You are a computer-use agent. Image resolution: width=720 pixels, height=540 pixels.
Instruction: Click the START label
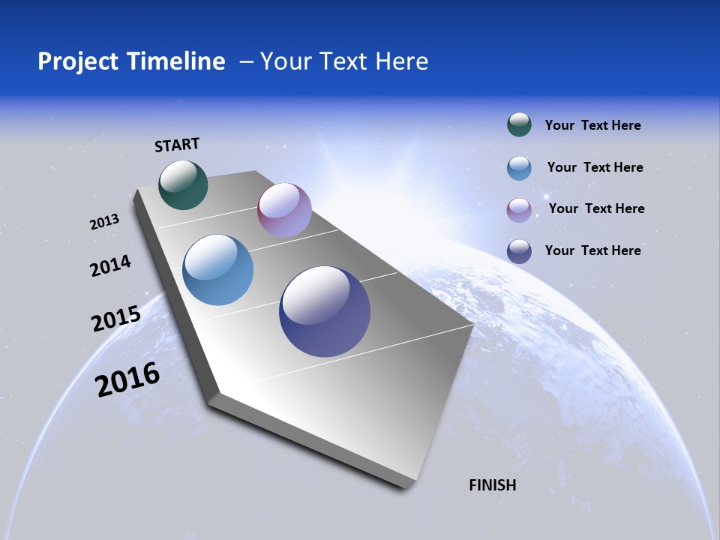[177, 145]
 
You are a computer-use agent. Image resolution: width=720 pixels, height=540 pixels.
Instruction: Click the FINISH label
[492, 485]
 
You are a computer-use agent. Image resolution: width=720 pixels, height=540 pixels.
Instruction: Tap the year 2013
[105, 222]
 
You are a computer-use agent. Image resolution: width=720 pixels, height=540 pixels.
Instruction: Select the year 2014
[110, 266]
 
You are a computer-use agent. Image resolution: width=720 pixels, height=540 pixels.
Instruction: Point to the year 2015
[116, 319]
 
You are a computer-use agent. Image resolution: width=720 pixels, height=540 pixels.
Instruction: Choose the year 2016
[127, 379]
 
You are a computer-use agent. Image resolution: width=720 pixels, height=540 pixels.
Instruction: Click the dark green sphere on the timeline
[183, 184]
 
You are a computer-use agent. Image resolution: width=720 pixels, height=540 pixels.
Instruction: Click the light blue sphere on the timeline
[217, 270]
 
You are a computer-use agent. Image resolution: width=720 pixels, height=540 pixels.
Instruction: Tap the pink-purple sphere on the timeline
[284, 210]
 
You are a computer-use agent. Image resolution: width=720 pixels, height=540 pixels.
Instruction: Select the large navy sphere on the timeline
[325, 311]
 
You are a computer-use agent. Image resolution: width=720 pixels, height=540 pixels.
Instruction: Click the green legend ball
[519, 125]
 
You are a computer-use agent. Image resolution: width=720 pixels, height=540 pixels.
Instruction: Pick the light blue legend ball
[519, 168]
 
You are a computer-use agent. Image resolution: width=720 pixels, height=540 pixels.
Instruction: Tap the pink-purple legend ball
[519, 210]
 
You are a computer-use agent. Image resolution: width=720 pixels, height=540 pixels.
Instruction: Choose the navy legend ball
[519, 251]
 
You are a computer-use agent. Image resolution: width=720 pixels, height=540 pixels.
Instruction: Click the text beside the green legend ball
[592, 125]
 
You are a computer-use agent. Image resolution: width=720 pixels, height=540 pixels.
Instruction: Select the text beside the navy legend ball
[592, 250]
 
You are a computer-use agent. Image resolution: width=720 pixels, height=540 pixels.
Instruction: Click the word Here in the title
[403, 61]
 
